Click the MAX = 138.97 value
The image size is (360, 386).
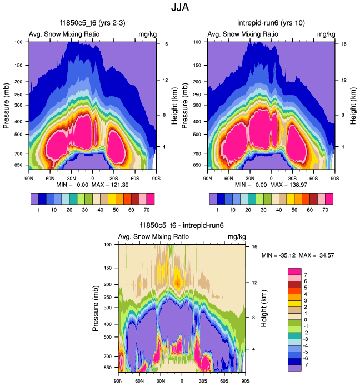tap(297, 184)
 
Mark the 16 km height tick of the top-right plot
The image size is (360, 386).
tap(343, 44)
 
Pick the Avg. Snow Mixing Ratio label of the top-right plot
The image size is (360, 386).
tap(243, 34)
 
